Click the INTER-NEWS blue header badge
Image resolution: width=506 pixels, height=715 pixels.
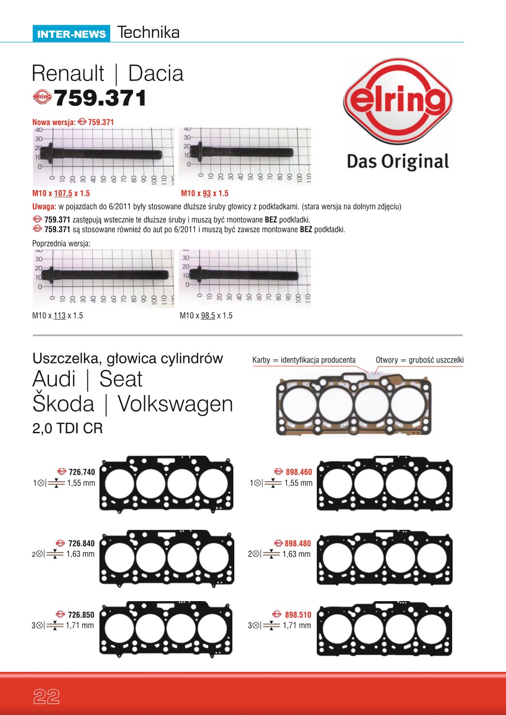71,34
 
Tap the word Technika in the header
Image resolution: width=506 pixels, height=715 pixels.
148,32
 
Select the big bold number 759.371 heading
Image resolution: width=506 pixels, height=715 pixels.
100,98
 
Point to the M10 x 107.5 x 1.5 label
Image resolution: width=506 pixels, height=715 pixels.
61,193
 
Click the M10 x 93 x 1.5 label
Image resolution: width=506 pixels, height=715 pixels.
204,193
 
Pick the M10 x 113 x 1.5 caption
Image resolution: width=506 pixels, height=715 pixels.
57,316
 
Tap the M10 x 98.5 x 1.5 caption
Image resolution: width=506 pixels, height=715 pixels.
206,316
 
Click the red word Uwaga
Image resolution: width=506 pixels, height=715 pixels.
44,207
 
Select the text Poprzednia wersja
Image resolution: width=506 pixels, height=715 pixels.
61,243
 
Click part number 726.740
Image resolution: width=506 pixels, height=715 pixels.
82,472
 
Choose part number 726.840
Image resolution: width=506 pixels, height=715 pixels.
81,543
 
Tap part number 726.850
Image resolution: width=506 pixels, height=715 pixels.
81,615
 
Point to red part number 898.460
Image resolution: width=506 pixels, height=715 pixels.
298,472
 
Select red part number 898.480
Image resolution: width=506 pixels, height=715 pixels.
297,543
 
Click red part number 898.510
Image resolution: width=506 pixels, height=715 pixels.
298,615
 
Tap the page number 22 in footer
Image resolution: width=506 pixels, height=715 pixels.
47,697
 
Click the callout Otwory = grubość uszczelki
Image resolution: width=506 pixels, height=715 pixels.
419,360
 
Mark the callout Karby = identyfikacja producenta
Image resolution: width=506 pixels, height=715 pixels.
304,360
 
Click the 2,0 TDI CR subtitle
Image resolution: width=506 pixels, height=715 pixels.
67,429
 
